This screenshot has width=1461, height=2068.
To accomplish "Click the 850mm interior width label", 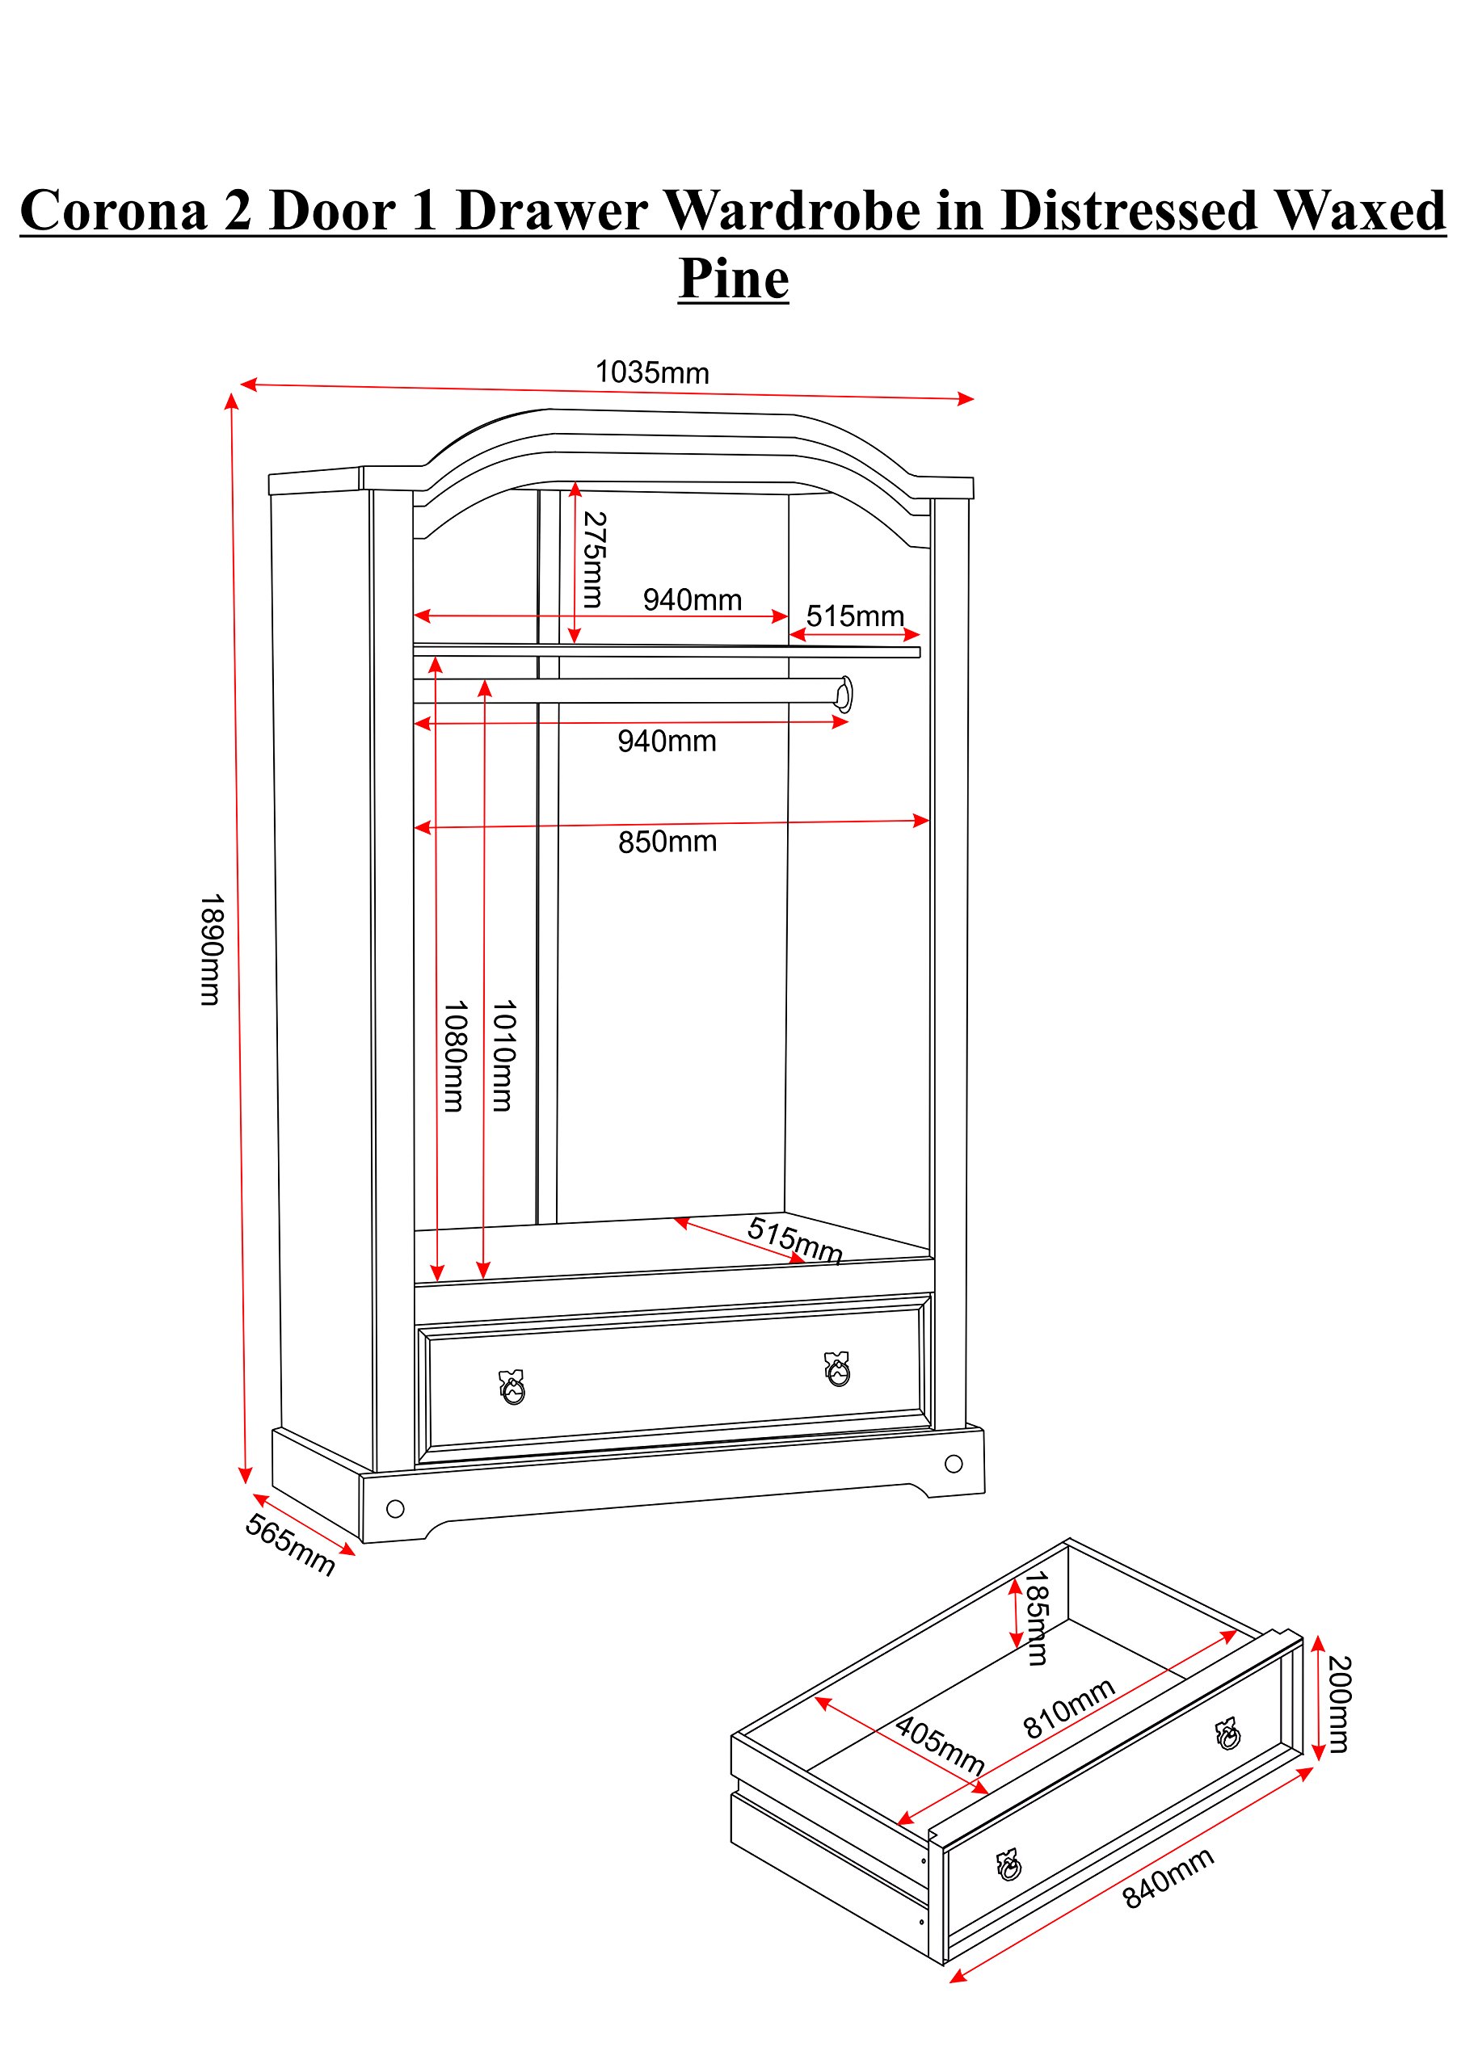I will click(x=667, y=843).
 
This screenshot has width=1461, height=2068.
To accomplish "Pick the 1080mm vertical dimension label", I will click(x=455, y=1056).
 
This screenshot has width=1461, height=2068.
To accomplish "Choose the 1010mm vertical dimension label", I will click(x=503, y=1055).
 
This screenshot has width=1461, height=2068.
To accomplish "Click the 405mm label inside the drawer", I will click(x=940, y=1746).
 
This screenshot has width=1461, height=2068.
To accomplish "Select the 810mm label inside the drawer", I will click(x=1069, y=1709).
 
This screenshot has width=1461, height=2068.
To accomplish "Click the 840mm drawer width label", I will click(x=1168, y=1878).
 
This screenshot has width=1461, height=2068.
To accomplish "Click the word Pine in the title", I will click(x=733, y=279).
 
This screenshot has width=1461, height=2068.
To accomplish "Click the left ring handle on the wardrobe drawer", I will click(x=512, y=1388).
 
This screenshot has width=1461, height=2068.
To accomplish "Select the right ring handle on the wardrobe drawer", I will click(x=838, y=1369).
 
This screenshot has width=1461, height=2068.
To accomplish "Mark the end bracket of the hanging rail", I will click(x=844, y=694).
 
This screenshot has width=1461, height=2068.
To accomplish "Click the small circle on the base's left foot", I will click(x=395, y=1509).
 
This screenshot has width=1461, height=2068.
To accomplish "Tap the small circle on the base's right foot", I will click(x=954, y=1464).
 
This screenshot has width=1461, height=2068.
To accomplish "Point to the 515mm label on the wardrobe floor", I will click(x=794, y=1240).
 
